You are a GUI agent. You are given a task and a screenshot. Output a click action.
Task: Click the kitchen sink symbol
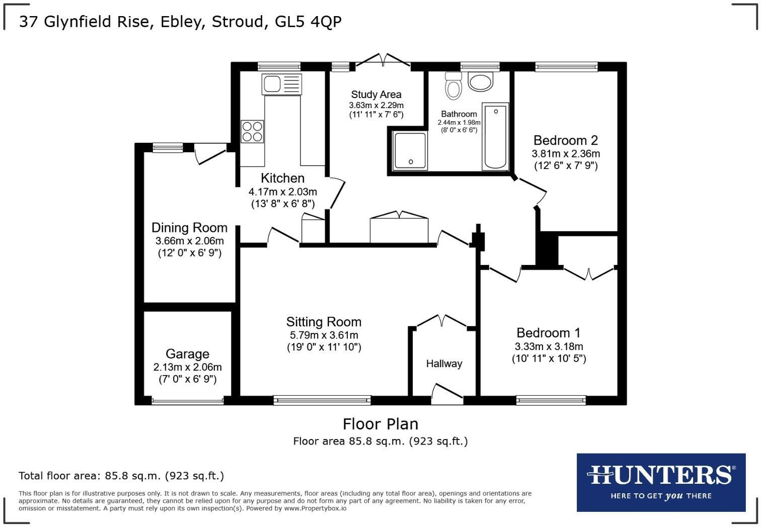pyautogui.click(x=281, y=83)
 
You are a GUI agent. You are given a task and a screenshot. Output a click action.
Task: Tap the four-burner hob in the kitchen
pyautogui.click(x=252, y=131)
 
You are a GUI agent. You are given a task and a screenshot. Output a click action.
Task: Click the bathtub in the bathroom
pyautogui.click(x=496, y=136)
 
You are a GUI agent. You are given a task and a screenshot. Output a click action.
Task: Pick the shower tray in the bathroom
pyautogui.click(x=410, y=150)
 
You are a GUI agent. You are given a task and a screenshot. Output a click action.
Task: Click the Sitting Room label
pyautogui.click(x=324, y=322)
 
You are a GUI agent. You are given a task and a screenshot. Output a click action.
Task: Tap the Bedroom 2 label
pyautogui.click(x=566, y=140)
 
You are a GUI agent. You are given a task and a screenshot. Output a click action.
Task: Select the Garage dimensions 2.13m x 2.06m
pyautogui.click(x=187, y=367)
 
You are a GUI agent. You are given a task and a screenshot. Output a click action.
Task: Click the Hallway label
pyautogui.click(x=444, y=364)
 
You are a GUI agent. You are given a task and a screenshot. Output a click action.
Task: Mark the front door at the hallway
pyautogui.click(x=447, y=395)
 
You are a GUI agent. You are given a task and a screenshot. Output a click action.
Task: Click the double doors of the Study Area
pyautogui.click(x=384, y=60)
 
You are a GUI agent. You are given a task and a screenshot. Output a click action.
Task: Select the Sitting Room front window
pyautogui.click(x=322, y=400)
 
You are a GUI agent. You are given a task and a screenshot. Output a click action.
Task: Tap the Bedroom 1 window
pyautogui.click(x=551, y=400)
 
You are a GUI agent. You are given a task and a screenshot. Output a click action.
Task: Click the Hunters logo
pyautogui.click(x=661, y=482)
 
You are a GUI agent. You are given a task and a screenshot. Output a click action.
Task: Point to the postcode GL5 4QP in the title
pyautogui.click(x=309, y=22)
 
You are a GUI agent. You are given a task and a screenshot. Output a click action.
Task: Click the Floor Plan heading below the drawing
pyautogui.click(x=380, y=424)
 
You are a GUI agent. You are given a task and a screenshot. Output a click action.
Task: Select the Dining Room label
pyautogui.click(x=189, y=228)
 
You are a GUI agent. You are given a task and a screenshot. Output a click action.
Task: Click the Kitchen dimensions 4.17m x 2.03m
pyautogui.click(x=282, y=192)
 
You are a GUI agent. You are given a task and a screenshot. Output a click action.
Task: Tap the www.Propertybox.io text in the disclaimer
pyautogui.click(x=315, y=508)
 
